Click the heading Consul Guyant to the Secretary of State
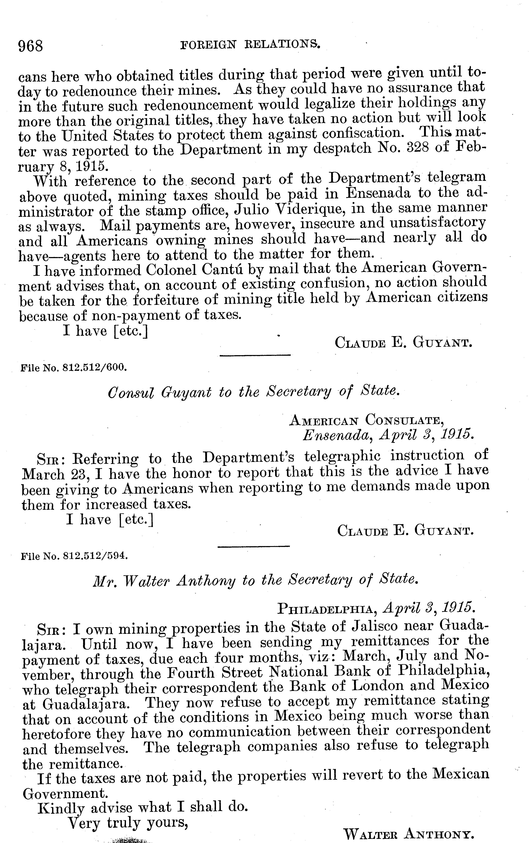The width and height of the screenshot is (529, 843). [x=254, y=392]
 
